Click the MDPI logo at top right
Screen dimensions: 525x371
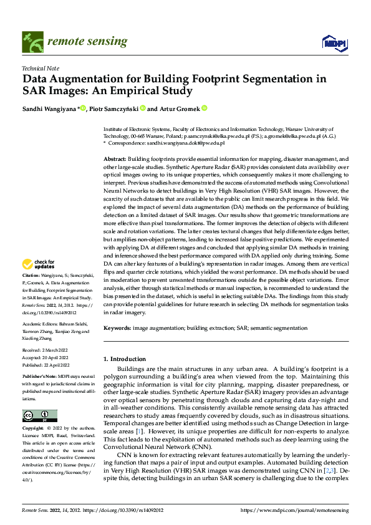(334, 42)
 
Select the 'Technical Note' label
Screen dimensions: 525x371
(41, 68)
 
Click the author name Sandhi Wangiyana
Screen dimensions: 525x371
(49, 108)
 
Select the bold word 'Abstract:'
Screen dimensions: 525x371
(115, 160)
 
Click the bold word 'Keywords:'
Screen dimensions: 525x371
(118, 328)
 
